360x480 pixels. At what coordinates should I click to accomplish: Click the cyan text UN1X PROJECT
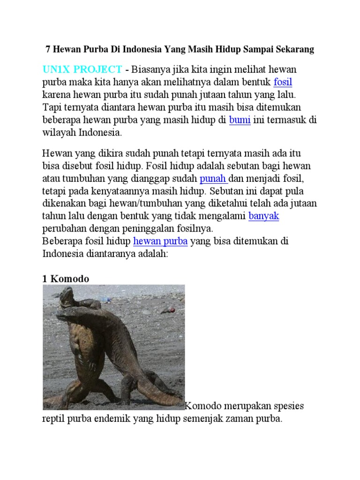coord(82,69)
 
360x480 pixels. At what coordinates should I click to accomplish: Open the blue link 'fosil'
coord(283,82)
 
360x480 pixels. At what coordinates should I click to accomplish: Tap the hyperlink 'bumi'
coord(240,120)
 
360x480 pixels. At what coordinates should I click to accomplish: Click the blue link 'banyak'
coord(263,216)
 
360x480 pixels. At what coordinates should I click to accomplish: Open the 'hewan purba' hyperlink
coord(160,241)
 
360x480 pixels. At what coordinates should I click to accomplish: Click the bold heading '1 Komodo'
coord(66,279)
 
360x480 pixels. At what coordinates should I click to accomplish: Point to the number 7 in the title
coord(47,49)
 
